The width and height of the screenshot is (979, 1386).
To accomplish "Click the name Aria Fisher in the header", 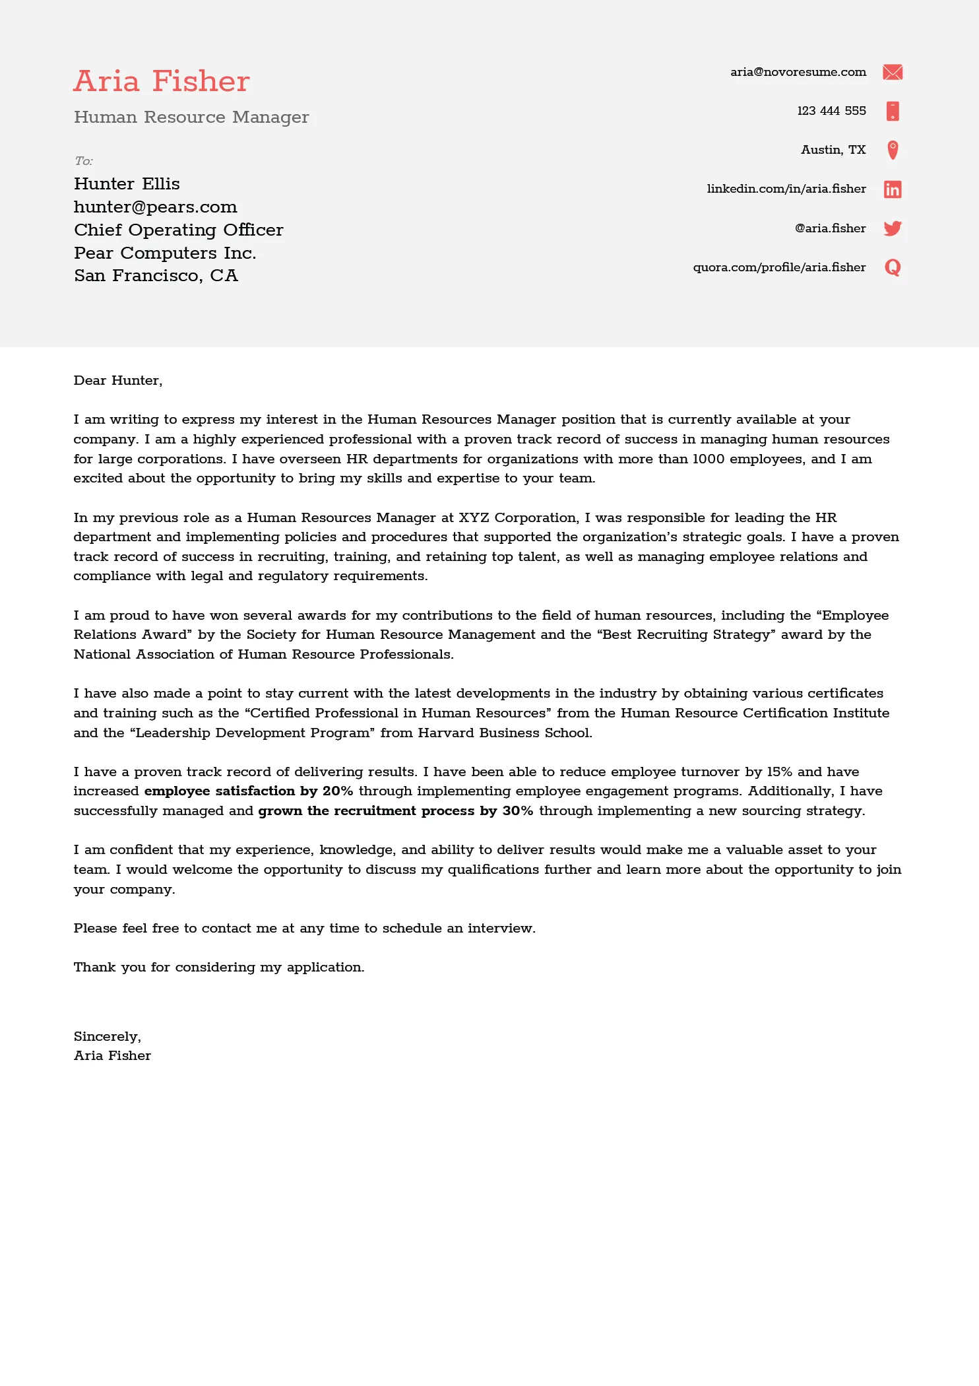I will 162,81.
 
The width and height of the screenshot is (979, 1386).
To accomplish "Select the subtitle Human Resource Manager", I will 191,117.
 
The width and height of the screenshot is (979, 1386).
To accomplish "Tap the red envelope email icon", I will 892,72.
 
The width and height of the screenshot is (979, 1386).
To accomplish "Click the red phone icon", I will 892,111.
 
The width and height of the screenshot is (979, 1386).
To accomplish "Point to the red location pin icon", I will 892,150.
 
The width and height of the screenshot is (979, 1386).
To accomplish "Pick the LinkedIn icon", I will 892,189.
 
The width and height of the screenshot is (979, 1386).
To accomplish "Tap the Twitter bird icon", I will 892,228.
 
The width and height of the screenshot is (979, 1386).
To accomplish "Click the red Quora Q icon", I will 892,267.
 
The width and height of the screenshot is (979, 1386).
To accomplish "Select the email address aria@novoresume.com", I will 798,72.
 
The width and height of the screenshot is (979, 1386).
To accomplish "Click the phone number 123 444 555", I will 831,111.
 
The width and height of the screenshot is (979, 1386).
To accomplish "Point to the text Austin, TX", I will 833,150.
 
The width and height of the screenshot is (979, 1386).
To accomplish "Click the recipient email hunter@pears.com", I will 155,207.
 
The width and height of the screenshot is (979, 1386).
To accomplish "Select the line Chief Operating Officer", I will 178,230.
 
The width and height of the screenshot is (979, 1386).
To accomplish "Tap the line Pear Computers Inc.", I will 165,253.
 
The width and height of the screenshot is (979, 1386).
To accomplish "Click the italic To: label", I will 83,161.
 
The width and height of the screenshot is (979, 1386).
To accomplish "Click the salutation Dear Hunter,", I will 117,380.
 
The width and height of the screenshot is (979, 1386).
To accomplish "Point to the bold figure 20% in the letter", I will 338,791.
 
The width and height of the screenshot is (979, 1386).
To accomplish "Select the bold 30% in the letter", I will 517,810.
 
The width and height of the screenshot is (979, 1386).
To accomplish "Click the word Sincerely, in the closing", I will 107,1036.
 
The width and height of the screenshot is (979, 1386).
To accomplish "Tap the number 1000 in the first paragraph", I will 708,459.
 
